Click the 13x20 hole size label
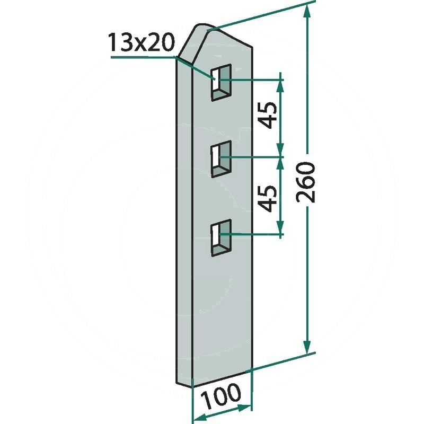141,43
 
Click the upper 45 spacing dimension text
269,115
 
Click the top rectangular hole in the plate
222,83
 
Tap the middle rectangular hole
222,159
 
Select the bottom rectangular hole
222,237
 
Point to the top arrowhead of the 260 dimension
307,13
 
